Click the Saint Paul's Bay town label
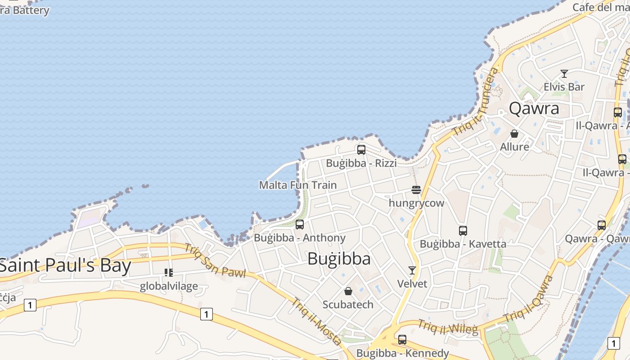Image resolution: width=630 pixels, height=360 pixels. point(65,265)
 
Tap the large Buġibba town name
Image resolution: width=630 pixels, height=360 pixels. point(339,259)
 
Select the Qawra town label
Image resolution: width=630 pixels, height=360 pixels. point(534,108)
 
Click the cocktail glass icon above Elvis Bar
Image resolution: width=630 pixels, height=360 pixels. point(564,74)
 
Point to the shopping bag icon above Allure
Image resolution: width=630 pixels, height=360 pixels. point(514,134)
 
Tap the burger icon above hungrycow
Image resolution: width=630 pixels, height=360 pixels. point(416,190)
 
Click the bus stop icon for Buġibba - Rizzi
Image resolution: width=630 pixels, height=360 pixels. point(361,150)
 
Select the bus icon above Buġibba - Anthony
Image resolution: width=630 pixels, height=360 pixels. point(300,225)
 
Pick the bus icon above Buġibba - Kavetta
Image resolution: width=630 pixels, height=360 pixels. point(463,231)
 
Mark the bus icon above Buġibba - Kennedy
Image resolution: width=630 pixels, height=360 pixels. point(402,340)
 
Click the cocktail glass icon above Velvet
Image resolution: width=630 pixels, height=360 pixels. point(412,270)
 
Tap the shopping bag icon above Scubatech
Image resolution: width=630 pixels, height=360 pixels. point(348,291)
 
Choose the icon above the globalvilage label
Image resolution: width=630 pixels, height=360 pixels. point(169,273)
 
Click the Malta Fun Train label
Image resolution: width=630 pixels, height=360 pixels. point(298,185)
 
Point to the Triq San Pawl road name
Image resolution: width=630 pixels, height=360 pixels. point(215,261)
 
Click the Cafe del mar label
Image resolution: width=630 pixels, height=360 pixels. point(600,7)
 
